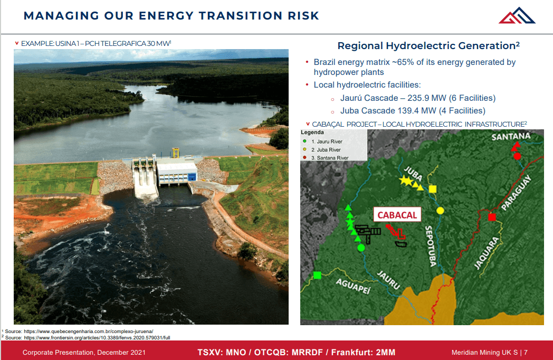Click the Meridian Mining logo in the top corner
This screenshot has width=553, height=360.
point(517,15)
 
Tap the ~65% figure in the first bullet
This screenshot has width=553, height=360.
point(403,62)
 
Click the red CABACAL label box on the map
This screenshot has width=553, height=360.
point(397,215)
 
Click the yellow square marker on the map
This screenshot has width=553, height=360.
point(433,189)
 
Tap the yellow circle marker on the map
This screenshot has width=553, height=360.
point(440,210)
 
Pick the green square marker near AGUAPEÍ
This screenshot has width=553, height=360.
point(317,274)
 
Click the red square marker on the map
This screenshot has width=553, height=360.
point(492,217)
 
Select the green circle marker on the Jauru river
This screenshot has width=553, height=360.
point(361,247)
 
